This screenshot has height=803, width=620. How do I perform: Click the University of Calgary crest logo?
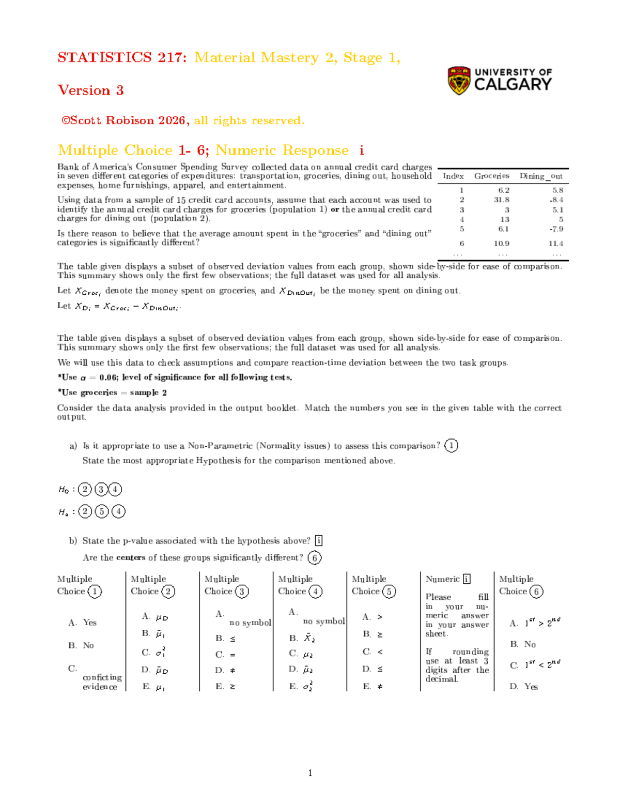(458, 81)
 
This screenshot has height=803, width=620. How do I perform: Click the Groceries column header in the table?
(491, 176)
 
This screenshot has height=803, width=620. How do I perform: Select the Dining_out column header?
(541, 176)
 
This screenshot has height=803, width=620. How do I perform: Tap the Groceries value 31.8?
(501, 200)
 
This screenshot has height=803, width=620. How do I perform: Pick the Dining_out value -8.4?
(556, 200)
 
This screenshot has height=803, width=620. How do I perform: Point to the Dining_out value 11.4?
(555, 244)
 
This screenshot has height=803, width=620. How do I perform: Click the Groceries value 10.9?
(501, 244)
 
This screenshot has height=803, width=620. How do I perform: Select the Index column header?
(453, 176)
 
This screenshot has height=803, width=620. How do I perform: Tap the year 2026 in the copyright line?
(172, 120)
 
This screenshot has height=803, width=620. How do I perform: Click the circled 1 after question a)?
(451, 446)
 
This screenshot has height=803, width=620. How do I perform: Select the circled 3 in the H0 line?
(101, 489)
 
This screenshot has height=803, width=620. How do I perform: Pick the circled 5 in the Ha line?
(102, 511)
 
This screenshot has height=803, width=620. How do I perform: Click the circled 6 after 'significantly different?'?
(314, 557)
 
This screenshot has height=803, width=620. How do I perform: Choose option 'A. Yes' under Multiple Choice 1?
(83, 623)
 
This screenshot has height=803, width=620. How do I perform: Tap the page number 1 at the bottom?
(310, 773)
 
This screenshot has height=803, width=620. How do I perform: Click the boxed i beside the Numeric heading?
(467, 579)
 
